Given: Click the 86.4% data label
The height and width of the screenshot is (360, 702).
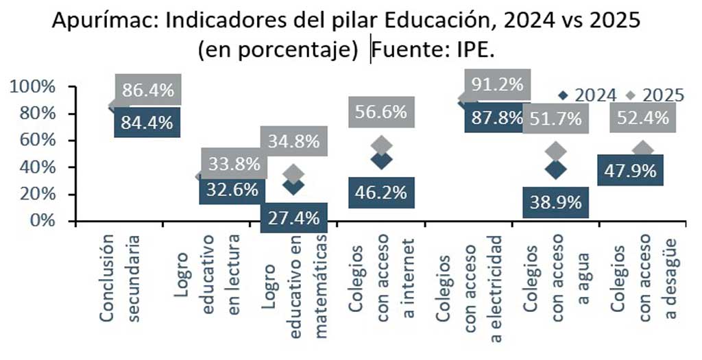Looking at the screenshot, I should (148, 90).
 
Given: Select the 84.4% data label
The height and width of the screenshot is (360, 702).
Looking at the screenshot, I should (147, 123).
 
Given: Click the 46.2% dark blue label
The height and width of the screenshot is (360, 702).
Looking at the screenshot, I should (382, 192).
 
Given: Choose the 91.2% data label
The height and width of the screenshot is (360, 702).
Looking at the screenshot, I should (498, 84).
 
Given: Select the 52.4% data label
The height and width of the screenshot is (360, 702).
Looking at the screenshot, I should (643, 117).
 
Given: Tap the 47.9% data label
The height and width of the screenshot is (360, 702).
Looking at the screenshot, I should (631, 170).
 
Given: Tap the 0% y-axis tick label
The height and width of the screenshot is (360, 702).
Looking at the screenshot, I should (43, 221).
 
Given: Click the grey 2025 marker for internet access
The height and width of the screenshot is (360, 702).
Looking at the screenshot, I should (382, 145).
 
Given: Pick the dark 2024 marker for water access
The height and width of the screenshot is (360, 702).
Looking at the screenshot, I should (556, 169).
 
